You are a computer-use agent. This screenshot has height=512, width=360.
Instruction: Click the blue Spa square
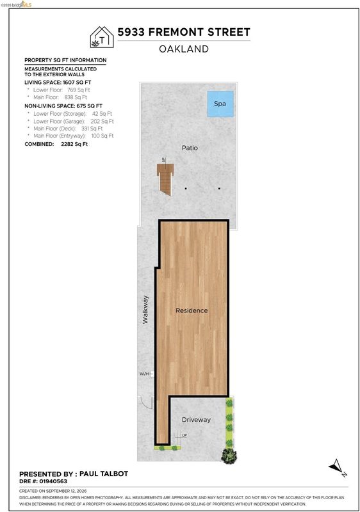[x=220, y=104]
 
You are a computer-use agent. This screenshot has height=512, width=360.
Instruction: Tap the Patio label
[x=190, y=148]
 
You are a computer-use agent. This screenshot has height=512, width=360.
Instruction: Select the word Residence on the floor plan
[x=192, y=310]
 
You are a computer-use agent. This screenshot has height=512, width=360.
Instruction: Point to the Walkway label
[x=145, y=310]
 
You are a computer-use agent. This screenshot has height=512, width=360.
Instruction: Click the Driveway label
[x=196, y=420]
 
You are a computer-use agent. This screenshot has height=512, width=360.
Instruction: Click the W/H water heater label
[x=144, y=374]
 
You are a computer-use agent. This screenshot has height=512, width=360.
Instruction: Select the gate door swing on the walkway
[x=145, y=403]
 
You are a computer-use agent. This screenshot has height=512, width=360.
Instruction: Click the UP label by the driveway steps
[x=184, y=435]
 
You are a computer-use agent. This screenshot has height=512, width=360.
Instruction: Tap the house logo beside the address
[x=102, y=37]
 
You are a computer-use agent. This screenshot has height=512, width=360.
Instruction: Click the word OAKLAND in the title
[x=184, y=49]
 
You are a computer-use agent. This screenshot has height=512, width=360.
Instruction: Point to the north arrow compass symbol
[x=338, y=468]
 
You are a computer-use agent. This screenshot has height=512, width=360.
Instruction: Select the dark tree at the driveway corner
[x=229, y=456]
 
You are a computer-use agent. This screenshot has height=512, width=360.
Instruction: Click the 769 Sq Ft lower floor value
[x=78, y=90]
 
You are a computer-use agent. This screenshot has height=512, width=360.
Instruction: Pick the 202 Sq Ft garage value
[x=102, y=121]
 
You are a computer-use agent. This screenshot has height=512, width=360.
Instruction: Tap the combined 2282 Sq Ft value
[x=74, y=144]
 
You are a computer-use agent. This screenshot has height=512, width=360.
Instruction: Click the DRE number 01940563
[x=53, y=481]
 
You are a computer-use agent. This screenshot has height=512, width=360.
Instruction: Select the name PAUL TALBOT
[x=104, y=474]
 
